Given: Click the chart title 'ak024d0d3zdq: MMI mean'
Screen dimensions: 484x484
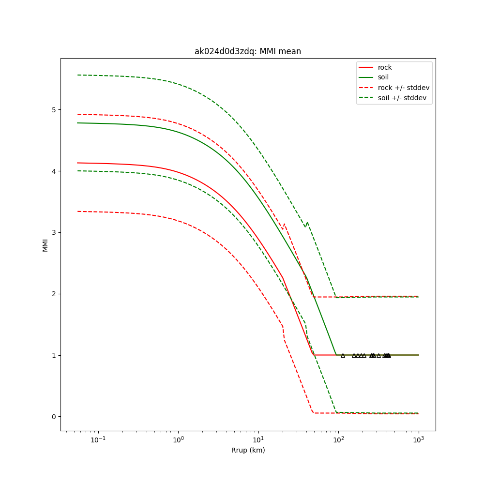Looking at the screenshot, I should pos(247,51).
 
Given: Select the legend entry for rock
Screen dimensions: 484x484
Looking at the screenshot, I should pos(385,67).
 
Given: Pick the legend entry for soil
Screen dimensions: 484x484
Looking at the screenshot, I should pos(383,77).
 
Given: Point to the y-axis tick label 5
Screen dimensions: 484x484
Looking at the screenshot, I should pos(54,110).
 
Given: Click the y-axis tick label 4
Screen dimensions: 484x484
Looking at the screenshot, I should pos(54,171).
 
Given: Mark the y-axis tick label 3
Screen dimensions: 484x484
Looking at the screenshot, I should pos(54,233).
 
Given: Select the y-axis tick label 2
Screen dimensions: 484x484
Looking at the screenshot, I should pos(54,294).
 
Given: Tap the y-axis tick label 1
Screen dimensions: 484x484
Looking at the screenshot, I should pos(54,355).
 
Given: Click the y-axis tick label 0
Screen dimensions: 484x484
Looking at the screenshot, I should pos(54,417).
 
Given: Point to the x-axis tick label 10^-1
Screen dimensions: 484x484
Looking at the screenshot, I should pos(98,439).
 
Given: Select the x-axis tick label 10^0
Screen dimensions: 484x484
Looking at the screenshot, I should pos(179,439).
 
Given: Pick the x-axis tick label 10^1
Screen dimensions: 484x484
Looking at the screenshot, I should pos(258,439).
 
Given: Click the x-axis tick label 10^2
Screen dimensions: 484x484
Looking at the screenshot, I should pos(338,439).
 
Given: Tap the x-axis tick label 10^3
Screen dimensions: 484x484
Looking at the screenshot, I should pos(419,439).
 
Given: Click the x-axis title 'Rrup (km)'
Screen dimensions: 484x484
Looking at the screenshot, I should pos(248,450).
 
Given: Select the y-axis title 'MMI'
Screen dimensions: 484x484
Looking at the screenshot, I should pos(45,245).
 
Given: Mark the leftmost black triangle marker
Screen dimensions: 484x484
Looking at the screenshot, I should pos(343,355).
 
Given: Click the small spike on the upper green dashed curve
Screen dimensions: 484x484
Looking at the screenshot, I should pos(307,223).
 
